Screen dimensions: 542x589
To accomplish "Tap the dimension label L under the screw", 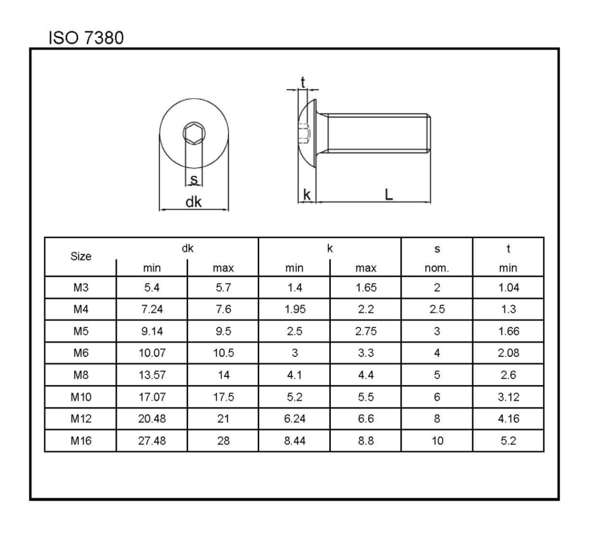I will coord(389,194).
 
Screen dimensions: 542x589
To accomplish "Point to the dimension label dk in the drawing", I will coord(193,202).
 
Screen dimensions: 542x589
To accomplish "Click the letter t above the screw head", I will coord(303,82).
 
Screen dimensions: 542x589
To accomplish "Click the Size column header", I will coord(81,257).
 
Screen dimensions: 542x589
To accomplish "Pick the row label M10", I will coord(81,396).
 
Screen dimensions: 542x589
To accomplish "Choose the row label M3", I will coord(81,287).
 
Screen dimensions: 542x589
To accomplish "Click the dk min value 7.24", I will coord(152,309).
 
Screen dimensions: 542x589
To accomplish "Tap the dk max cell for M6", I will coord(223,353).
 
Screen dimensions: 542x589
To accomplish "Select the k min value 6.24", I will coord(294,419).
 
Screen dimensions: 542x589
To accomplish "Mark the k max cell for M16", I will coord(366,441).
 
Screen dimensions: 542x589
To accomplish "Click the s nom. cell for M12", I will coord(437,419).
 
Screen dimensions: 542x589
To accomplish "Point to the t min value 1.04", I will coord(508,287).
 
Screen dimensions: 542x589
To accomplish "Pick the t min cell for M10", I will coord(508,396).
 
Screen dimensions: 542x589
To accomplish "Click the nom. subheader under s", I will coord(437,268).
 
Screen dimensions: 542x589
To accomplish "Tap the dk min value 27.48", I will coord(152,441).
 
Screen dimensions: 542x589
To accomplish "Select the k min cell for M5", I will coord(294,331).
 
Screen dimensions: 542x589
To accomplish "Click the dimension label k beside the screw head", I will coord(307,195).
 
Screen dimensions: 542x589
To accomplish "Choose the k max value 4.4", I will coord(366,375).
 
